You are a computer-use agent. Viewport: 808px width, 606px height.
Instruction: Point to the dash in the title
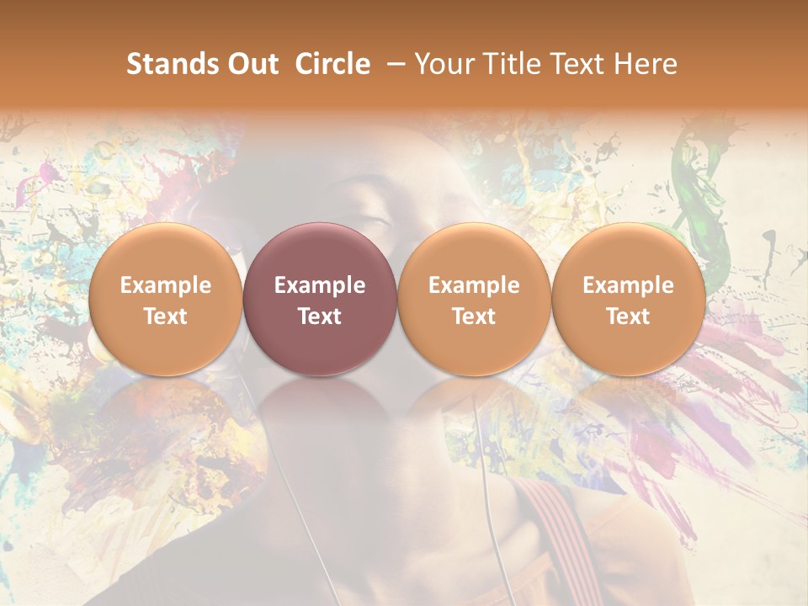pos(392,64)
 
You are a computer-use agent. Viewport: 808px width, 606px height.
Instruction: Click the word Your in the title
pos(443,64)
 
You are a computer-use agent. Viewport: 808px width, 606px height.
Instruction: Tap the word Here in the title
pos(645,64)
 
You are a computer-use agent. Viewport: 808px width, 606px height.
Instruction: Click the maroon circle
pos(320,300)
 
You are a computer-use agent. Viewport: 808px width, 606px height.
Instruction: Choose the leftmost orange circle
pos(165,300)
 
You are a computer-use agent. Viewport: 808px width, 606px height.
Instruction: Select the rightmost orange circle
pos(629,300)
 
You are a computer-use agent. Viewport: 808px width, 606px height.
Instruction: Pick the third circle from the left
pos(474,300)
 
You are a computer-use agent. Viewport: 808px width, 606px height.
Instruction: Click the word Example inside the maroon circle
pos(320,285)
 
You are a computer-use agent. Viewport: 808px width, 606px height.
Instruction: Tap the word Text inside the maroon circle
pos(320,316)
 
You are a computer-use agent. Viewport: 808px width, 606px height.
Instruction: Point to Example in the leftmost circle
pos(165,285)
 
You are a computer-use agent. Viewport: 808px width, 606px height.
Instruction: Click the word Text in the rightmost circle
pos(629,316)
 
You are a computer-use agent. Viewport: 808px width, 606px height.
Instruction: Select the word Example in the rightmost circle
pos(629,285)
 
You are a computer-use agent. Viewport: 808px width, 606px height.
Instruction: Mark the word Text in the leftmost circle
pos(165,316)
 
